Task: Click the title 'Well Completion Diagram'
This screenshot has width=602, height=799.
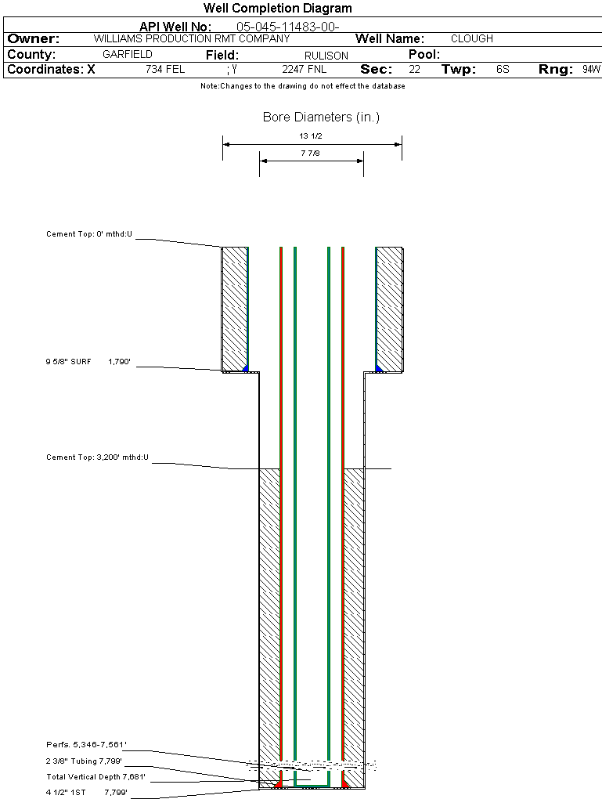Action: pyautogui.click(x=277, y=9)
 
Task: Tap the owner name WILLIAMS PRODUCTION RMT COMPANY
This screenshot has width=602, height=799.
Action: pyautogui.click(x=191, y=38)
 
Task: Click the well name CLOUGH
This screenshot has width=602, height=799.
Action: pyautogui.click(x=471, y=38)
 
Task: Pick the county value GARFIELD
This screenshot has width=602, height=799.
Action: pyautogui.click(x=128, y=55)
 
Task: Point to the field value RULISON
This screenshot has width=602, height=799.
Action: pyautogui.click(x=326, y=56)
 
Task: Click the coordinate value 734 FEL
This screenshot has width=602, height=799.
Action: pyautogui.click(x=165, y=70)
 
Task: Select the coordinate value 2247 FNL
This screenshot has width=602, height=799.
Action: pyautogui.click(x=304, y=70)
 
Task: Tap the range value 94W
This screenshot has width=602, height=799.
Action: pyautogui.click(x=591, y=70)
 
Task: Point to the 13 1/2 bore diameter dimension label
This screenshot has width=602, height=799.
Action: pyautogui.click(x=311, y=136)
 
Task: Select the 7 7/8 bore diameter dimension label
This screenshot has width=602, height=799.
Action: pyautogui.click(x=311, y=154)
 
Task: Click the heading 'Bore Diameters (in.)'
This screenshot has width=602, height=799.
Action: pyautogui.click(x=321, y=117)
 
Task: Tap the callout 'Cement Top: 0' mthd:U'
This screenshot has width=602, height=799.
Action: pyautogui.click(x=89, y=234)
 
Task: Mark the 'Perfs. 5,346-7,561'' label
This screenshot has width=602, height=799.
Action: pyautogui.click(x=86, y=744)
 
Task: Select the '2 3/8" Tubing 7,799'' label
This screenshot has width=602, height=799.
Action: pyautogui.click(x=85, y=761)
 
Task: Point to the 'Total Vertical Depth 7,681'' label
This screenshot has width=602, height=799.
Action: pyautogui.click(x=96, y=776)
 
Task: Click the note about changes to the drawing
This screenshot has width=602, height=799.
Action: pyautogui.click(x=303, y=86)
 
